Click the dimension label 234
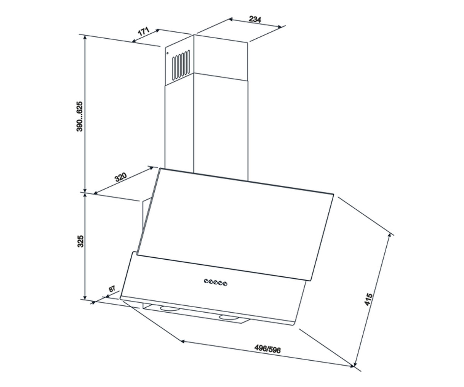(255, 19)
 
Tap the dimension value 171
(143, 32)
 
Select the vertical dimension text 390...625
(79, 116)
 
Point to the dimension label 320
(120, 177)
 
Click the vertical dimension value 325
(80, 241)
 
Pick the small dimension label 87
(112, 289)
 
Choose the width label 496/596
(268, 349)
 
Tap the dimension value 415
(368, 300)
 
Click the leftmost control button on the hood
(206, 281)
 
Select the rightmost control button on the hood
(225, 284)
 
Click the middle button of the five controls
(215, 283)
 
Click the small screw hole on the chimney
(167, 53)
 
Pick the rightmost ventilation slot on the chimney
(189, 62)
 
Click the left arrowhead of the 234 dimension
(230, 20)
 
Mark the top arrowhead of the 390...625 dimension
(85, 38)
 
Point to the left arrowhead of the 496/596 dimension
(182, 341)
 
